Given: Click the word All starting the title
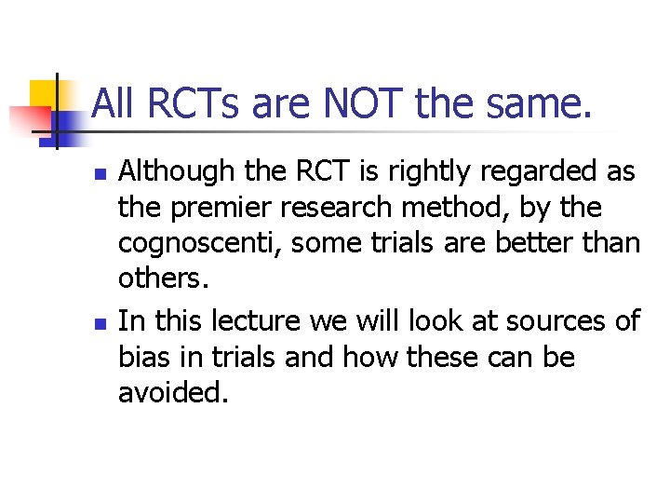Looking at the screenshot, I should tap(114, 103).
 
